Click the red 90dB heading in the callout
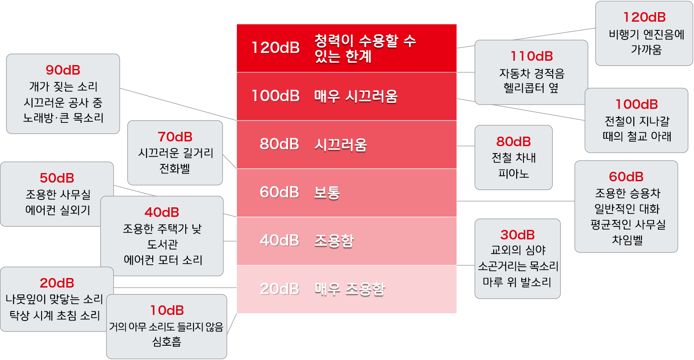click(x=63, y=70)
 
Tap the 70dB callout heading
click(x=175, y=137)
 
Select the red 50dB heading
click(x=57, y=178)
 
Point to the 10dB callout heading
click(x=167, y=310)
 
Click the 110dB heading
click(x=532, y=56)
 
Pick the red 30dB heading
click(x=517, y=235)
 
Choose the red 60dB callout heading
click(x=626, y=177)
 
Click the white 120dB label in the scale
click(x=276, y=48)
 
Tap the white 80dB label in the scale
click(x=279, y=144)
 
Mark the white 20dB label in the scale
click(x=279, y=289)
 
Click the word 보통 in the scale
click(x=327, y=193)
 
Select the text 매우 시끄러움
click(x=356, y=96)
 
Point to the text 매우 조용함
click(x=350, y=289)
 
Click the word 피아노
click(x=514, y=173)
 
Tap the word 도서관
click(x=162, y=245)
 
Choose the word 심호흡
click(x=167, y=342)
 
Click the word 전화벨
click(x=175, y=169)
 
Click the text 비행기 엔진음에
click(x=646, y=34)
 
